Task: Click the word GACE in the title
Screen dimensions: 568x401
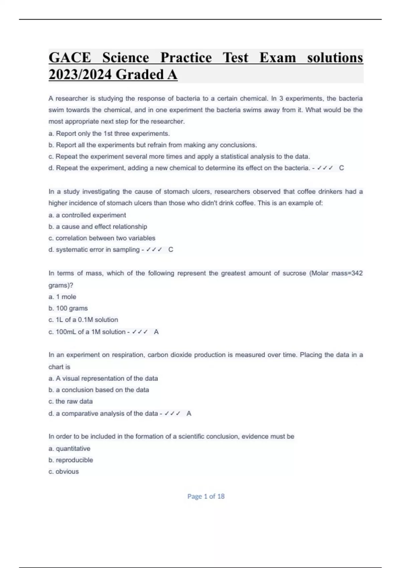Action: point(70,58)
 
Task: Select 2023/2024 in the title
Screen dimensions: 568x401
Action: point(80,75)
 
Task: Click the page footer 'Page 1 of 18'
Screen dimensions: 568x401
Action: point(206,496)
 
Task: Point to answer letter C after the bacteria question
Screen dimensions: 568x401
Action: point(341,168)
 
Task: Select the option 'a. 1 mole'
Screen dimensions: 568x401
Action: point(62,297)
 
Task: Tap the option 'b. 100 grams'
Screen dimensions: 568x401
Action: point(68,308)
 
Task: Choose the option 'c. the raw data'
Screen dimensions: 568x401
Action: point(71,401)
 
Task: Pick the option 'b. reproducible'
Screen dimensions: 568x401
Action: point(71,460)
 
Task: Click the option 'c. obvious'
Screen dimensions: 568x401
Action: point(64,471)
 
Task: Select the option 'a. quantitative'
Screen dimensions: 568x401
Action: point(70,448)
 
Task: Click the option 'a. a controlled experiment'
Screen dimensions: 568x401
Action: point(87,215)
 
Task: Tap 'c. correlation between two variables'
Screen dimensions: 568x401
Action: point(102,238)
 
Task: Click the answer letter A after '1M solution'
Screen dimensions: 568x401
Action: point(156,332)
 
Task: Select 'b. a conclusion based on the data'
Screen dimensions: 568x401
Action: point(99,390)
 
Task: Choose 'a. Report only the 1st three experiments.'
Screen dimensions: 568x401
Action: point(109,134)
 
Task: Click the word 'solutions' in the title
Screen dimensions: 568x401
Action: point(335,58)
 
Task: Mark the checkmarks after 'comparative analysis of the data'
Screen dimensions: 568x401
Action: point(172,414)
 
